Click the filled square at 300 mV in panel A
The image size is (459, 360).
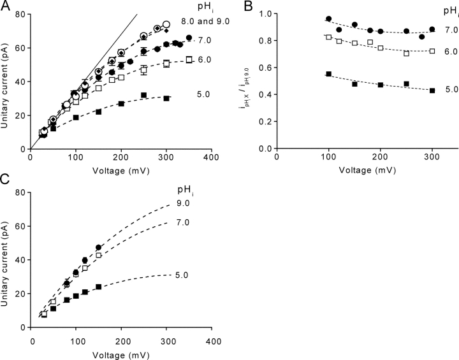(166, 99)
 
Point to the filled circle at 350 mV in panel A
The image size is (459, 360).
(189, 38)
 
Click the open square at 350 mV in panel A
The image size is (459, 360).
(189, 60)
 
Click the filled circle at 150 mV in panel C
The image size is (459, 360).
(98, 247)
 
